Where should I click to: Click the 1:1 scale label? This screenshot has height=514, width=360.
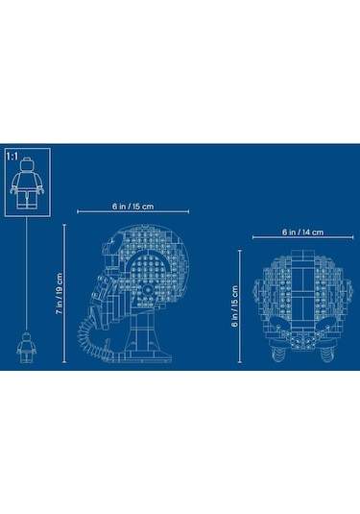click(x=12, y=157)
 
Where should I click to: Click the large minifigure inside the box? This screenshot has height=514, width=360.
click(x=27, y=184)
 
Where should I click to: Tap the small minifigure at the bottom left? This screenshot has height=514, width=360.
click(x=26, y=348)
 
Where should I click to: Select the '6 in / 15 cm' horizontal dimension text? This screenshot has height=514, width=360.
click(x=133, y=207)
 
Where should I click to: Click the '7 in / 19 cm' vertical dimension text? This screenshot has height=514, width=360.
click(x=60, y=294)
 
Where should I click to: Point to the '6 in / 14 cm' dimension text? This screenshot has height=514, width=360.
click(x=303, y=233)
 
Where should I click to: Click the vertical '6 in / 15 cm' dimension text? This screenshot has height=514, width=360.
click(x=235, y=306)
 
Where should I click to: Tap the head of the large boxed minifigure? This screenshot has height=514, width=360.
click(x=27, y=164)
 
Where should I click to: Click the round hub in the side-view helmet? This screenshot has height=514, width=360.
click(x=148, y=290)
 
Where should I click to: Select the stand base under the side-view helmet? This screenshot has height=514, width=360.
click(x=148, y=356)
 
